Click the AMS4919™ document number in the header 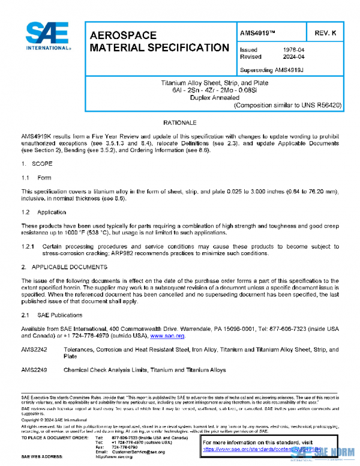(258, 33)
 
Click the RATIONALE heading (180, 122)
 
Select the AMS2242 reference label (33, 349)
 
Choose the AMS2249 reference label (33, 370)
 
